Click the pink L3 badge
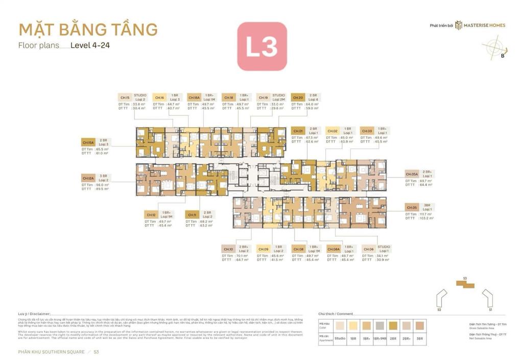[x=261, y=46]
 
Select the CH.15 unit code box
[x=125, y=97]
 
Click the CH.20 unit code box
[x=298, y=97]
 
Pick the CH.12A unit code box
[x=88, y=178]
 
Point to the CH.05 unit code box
[x=412, y=207]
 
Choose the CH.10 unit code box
[x=228, y=249]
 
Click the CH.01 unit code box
[x=298, y=131]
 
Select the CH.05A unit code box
[x=412, y=174]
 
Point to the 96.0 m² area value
[x=102, y=184]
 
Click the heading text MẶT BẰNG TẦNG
[x=88, y=29]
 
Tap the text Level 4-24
[x=90, y=45]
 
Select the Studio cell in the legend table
[x=340, y=339]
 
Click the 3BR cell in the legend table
[x=420, y=339]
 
